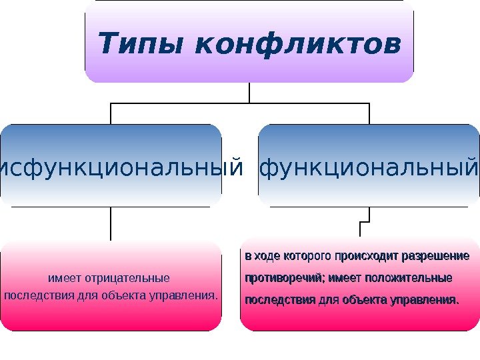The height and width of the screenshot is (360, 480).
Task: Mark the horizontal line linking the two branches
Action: coord(240,103)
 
